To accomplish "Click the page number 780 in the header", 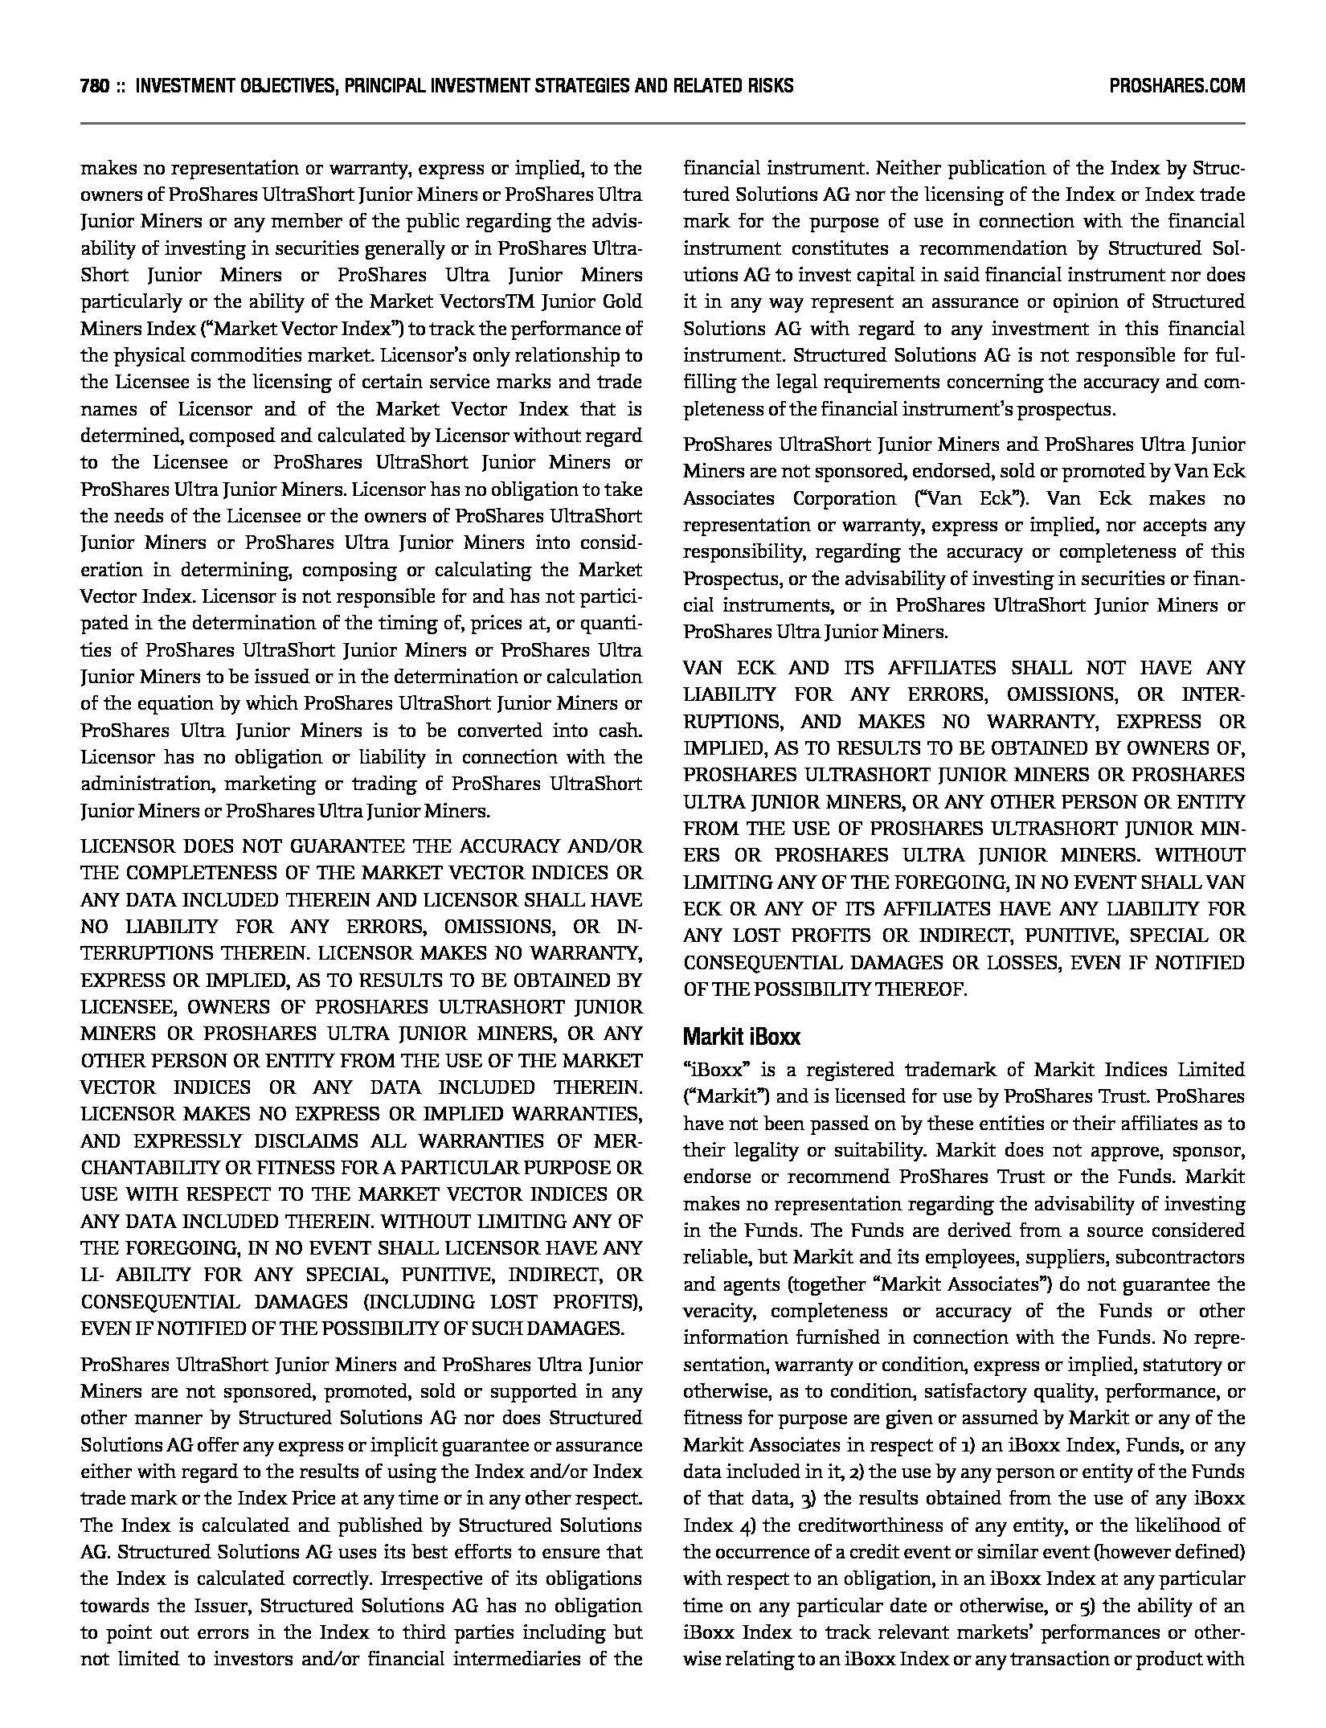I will (x=95, y=86).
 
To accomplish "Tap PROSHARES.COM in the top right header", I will (x=1177, y=86).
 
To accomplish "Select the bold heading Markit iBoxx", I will (x=741, y=1037).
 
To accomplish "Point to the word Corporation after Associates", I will (x=844, y=498).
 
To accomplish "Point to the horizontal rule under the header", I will (x=662, y=124).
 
